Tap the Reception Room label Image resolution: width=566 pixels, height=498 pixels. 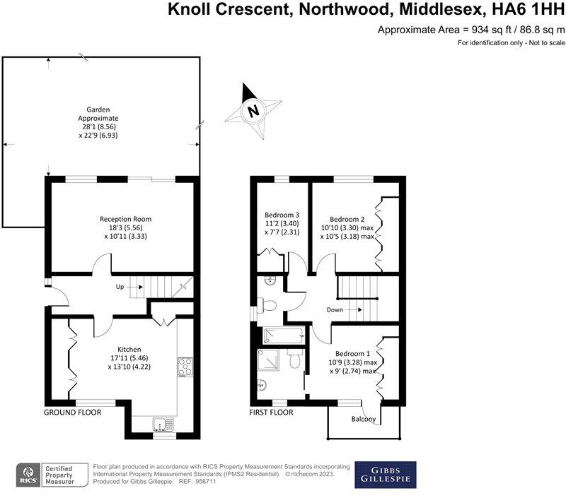[125, 227]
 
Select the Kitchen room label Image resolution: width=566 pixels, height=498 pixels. [129, 357]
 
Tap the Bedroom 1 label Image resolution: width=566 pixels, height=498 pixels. [352, 362]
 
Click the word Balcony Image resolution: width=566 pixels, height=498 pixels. [364, 420]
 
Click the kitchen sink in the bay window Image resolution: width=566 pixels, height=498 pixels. [162, 423]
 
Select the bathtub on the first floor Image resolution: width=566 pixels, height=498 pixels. [282, 336]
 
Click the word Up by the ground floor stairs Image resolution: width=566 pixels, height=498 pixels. [121, 287]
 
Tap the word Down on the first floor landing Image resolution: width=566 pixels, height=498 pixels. [335, 309]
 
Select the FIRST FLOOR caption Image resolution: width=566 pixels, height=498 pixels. [272, 412]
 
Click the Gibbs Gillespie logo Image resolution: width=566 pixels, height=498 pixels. [385, 475]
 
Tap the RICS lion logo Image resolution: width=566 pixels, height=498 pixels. [30, 475]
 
